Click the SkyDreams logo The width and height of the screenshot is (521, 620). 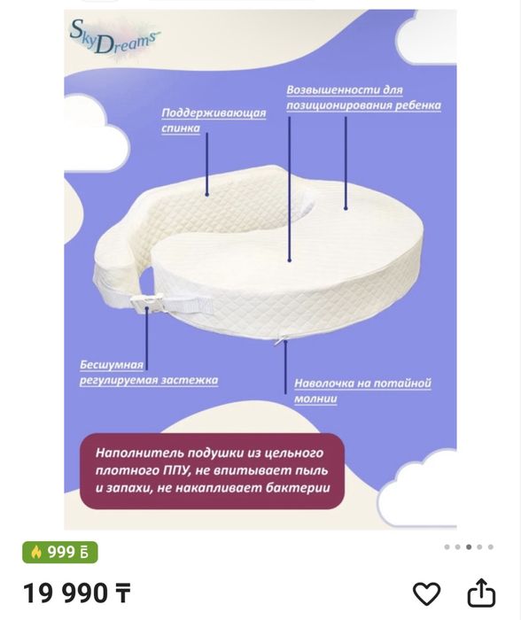point(114,37)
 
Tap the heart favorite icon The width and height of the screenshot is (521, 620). point(426,593)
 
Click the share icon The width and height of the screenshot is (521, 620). point(481,593)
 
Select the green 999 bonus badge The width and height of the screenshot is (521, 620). point(59,552)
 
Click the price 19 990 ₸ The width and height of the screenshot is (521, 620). point(77,593)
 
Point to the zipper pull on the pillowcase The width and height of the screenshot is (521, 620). point(282,338)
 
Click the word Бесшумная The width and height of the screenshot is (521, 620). point(112,364)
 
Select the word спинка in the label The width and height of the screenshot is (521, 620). point(181,128)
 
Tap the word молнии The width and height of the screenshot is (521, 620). point(315,399)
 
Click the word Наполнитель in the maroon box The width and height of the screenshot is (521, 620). point(139,453)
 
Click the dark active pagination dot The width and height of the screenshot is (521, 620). point(469,546)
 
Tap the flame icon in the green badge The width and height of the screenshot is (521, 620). point(36,552)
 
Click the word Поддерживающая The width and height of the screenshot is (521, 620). point(214,113)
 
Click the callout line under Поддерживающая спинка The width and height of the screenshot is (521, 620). point(207,164)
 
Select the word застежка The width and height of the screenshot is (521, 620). point(195,380)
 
